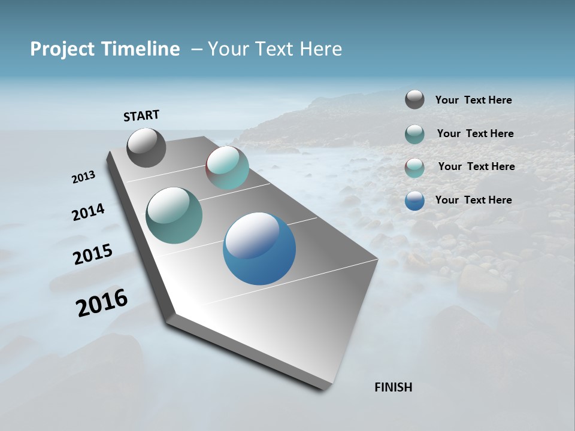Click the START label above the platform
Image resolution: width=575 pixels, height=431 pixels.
click(x=141, y=116)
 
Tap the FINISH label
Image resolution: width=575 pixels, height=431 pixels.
click(x=393, y=387)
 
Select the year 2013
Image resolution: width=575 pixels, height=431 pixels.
click(x=83, y=177)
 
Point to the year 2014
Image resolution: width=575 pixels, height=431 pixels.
click(x=88, y=213)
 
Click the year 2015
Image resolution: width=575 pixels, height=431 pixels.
click(x=93, y=254)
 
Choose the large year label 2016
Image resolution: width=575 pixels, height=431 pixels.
click(x=102, y=303)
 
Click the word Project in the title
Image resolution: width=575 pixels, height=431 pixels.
click(x=58, y=49)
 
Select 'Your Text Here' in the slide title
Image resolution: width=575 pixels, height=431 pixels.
click(x=274, y=49)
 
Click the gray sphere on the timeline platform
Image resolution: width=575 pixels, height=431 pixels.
click(x=146, y=148)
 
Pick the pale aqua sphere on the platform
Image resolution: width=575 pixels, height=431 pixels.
click(x=227, y=168)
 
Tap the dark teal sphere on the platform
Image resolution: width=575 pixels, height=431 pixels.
click(x=174, y=215)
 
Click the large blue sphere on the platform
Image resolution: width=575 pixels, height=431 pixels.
click(x=259, y=248)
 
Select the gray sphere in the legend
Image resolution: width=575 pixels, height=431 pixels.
click(x=414, y=99)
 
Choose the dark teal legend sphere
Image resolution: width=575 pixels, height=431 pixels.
click(x=414, y=134)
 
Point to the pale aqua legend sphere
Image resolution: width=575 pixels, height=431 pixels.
click(x=414, y=168)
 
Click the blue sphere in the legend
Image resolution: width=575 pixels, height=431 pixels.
click(x=414, y=201)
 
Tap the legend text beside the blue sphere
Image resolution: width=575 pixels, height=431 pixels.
click(x=473, y=200)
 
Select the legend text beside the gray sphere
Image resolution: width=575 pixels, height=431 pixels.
click(x=473, y=100)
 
